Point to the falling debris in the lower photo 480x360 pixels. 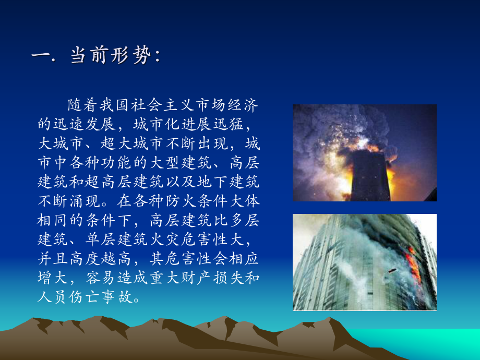[x=392, y=271]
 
